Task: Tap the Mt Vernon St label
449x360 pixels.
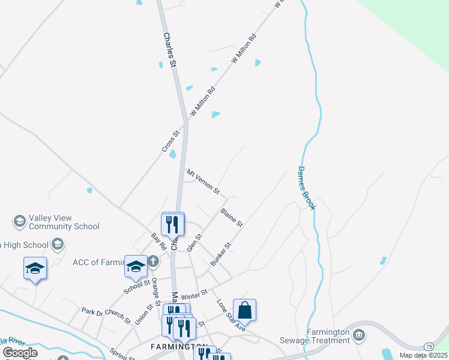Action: pos(203,182)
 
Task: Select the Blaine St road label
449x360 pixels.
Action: pos(231,217)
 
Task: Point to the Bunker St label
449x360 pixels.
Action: pos(220,254)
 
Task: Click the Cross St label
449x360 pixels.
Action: pos(170,142)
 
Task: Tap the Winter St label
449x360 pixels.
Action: pos(194,293)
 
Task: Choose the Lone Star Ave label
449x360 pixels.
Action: pos(231,315)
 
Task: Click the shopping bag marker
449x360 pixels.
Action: pos(244,311)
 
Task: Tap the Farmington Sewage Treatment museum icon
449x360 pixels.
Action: pos(359,334)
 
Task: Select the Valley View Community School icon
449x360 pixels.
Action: pos(19,222)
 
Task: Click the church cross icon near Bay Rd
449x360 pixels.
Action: pos(153,261)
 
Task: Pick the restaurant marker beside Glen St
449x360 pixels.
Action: pos(173,224)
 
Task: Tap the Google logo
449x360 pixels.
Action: pos(20,352)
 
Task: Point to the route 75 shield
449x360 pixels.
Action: pos(429,347)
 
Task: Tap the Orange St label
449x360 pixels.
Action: pos(155,287)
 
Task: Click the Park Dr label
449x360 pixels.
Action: pos(92,311)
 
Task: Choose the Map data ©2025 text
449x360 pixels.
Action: pos(423,355)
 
